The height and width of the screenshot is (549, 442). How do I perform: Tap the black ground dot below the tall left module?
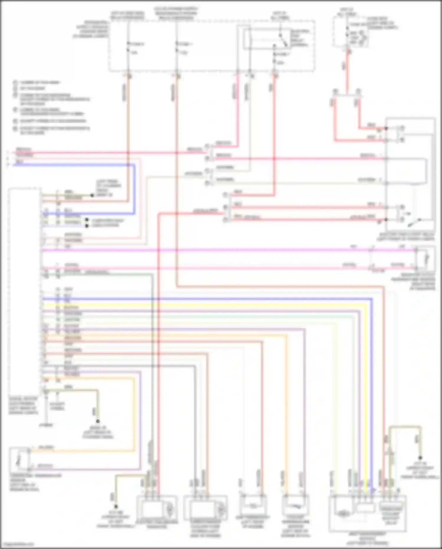(98, 421)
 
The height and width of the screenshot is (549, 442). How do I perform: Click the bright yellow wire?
(206, 304)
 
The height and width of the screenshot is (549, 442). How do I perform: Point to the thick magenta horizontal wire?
(206, 250)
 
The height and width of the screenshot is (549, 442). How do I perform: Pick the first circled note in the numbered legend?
(15, 82)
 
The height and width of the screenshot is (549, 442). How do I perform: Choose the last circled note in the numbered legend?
(15, 129)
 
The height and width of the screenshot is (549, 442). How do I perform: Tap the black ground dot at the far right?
(421, 458)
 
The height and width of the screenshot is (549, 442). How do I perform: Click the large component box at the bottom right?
(367, 514)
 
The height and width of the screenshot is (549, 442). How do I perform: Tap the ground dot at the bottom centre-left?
(116, 507)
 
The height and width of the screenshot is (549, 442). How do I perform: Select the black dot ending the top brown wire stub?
(92, 195)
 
